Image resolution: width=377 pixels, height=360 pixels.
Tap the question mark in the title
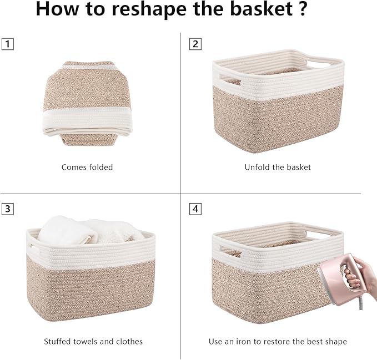click(300, 10)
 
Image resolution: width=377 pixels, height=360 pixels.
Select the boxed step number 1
click(7, 44)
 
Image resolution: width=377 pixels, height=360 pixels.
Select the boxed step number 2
click(195, 44)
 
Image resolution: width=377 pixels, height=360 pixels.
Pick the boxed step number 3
click(7, 209)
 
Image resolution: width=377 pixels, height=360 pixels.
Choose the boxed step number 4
click(195, 209)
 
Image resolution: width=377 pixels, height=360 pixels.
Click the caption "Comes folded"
click(87, 167)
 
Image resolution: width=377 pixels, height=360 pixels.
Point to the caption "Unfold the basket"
click(278, 167)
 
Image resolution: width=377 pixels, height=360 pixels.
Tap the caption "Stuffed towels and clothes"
click(93, 342)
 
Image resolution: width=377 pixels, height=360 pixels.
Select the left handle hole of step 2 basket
click(230, 79)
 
